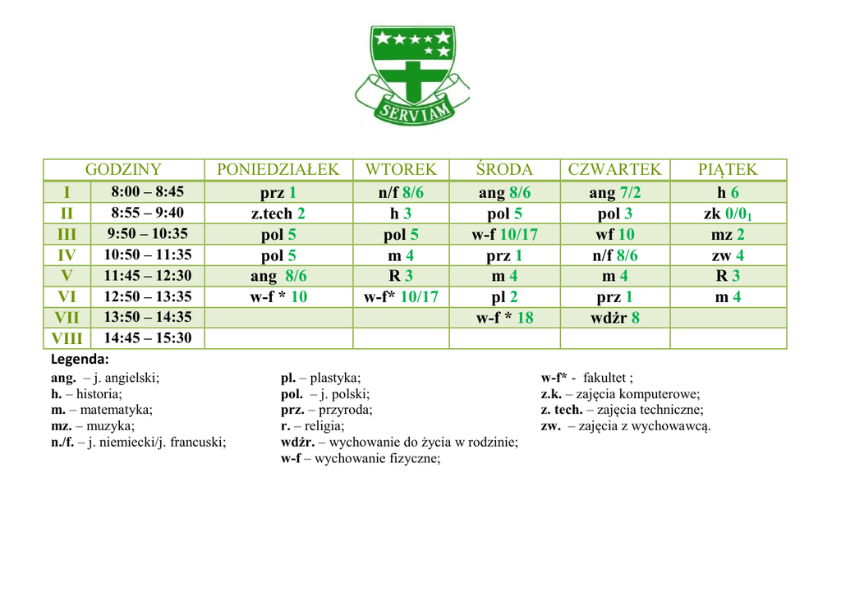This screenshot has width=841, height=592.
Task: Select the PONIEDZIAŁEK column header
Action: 278,170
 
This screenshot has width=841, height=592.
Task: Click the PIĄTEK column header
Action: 728,170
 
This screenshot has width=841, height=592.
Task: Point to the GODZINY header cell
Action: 124,170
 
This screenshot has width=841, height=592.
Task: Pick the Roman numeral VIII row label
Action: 67,338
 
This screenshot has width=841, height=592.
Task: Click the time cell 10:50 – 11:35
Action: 148,255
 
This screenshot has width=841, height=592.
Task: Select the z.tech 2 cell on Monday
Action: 278,213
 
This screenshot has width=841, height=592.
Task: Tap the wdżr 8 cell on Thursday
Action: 614,317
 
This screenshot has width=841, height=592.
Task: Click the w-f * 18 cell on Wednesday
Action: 504,317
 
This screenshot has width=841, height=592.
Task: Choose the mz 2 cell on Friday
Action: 728,234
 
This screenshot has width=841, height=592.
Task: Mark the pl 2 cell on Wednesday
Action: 504,296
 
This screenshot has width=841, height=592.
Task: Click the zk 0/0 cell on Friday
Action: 728,213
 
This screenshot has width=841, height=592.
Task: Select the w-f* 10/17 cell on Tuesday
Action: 401,296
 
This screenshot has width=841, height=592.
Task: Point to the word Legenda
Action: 80,360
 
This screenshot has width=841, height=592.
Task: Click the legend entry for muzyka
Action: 93,426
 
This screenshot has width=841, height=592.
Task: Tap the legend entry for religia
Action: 313,426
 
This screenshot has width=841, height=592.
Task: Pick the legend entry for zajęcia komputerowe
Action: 620,394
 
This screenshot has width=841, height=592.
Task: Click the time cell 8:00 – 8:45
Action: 148,192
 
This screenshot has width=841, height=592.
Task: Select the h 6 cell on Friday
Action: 728,192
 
